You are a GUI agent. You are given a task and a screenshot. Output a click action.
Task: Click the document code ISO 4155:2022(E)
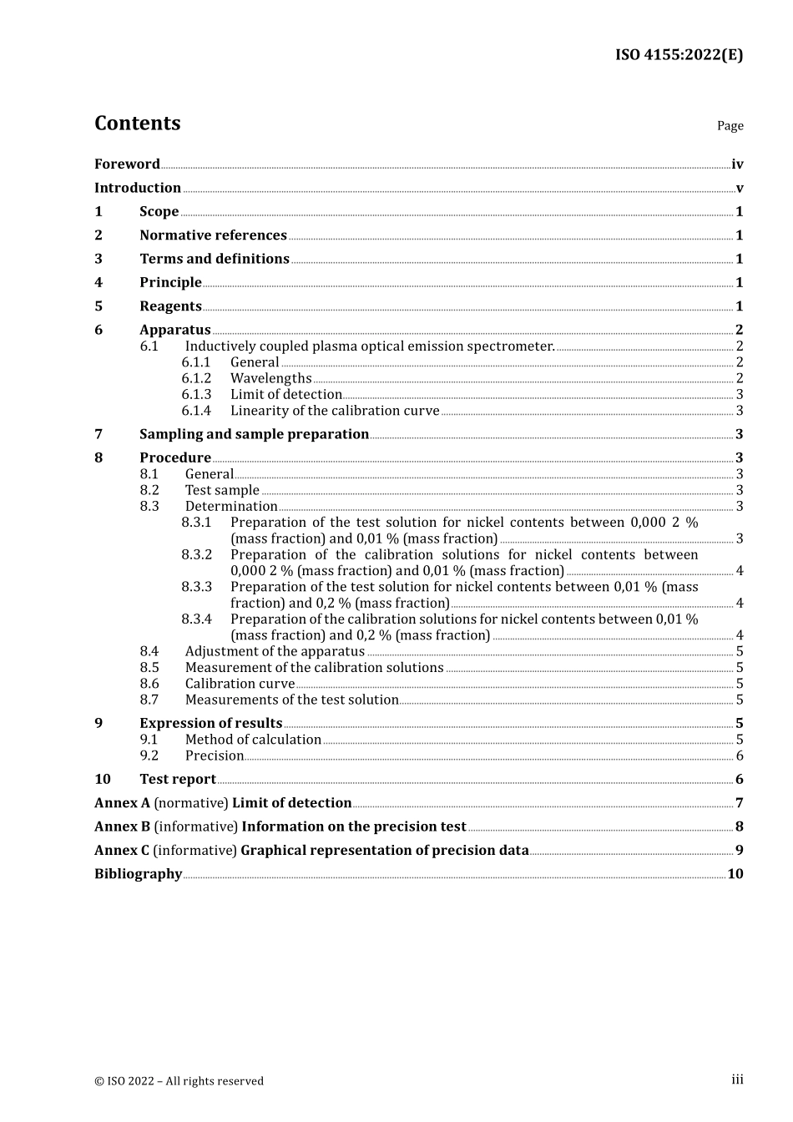pos(679,55)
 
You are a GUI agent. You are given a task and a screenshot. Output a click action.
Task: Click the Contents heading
pos(137,124)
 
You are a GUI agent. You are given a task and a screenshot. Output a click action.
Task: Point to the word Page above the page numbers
pos(730,126)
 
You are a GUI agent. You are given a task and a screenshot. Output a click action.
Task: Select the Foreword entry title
pos(127,164)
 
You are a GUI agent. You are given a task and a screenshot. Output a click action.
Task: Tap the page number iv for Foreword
pos(737,164)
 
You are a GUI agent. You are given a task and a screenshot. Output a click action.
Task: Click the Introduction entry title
pos(138,188)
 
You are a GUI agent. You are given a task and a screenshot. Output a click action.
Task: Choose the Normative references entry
pos(213,235)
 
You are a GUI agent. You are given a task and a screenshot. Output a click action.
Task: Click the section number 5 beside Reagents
pos(98,306)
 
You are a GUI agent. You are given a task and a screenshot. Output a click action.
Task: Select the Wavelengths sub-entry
pos(270,379)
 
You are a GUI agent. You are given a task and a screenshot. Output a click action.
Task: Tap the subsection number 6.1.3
pos(196,395)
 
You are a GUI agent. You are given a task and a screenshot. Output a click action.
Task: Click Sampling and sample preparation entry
pos(254,434)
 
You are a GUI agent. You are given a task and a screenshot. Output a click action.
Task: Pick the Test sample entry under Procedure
pos(222,491)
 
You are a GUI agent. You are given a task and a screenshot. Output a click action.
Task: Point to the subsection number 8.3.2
pos(196,555)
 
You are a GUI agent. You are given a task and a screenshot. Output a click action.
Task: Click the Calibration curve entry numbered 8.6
pos(240,685)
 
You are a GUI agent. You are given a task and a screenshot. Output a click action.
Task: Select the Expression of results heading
pos(210,724)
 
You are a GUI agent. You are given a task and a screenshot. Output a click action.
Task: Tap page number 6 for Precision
pos(740,756)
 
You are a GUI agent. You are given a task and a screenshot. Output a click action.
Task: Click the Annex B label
pos(123,826)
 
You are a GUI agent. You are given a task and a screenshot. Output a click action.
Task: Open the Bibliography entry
pos(138,874)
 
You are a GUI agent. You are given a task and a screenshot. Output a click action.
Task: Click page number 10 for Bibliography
pos(735,874)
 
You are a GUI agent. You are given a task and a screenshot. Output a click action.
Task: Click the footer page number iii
pos(737,1080)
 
